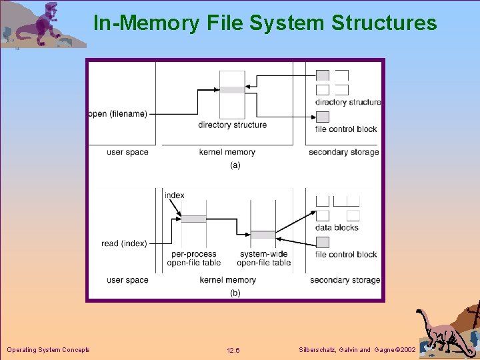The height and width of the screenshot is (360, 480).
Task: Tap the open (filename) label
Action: tap(118, 114)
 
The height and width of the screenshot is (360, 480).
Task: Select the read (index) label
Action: tap(124, 244)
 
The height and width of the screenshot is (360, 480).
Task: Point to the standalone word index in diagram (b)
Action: tap(175, 195)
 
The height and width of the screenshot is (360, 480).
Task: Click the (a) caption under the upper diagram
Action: tap(235, 165)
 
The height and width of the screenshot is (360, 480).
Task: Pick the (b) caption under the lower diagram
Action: tap(235, 293)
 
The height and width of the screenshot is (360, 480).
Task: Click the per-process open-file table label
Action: tap(193, 258)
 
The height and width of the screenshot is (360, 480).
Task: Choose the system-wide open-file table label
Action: tap(264, 258)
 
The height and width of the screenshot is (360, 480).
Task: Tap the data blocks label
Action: tap(337, 227)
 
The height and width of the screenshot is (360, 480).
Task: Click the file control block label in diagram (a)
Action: tap(346, 129)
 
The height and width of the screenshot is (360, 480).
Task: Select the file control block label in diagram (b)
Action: tap(346, 255)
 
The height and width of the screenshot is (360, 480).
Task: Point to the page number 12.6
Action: tap(233, 351)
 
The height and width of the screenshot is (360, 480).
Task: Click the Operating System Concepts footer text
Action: tap(48, 350)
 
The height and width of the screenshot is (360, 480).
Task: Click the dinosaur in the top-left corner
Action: tap(40, 25)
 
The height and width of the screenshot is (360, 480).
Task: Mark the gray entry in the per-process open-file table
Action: tap(193, 219)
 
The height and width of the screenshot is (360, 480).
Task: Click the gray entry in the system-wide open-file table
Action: tap(263, 235)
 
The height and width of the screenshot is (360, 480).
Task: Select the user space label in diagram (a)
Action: tap(127, 152)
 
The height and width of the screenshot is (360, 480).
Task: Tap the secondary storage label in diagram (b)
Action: tap(345, 280)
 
